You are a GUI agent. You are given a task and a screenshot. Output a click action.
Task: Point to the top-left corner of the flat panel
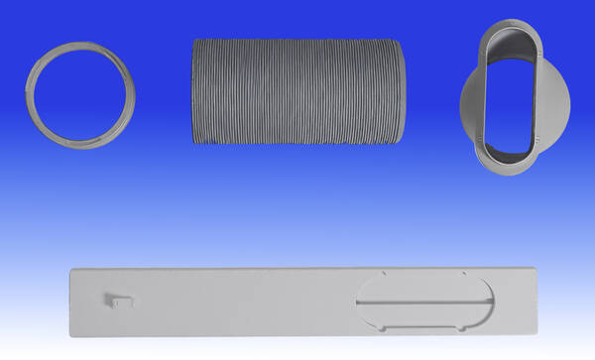(x=71, y=267)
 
